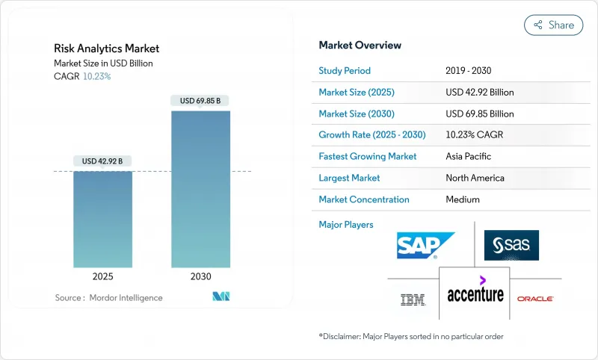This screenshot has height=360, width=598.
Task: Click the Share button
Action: tap(553, 25)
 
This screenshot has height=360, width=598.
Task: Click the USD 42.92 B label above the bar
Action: tap(102, 161)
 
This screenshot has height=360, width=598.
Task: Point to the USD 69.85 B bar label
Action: tap(200, 101)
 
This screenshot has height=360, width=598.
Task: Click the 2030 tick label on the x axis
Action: tap(200, 276)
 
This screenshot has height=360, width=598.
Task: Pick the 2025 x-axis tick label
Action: tap(102, 276)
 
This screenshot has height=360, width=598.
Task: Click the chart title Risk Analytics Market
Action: tap(106, 49)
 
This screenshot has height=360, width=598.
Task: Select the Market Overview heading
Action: tap(360, 46)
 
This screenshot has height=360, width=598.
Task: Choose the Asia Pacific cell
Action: tap(468, 157)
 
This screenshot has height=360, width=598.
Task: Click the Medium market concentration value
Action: tap(463, 199)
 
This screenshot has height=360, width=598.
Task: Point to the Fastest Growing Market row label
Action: tap(367, 157)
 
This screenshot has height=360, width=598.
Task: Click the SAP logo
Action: tap(425, 245)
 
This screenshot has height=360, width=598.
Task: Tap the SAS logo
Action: tap(511, 245)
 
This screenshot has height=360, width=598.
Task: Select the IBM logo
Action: tap(413, 300)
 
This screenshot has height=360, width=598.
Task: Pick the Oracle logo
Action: tap(535, 299)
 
